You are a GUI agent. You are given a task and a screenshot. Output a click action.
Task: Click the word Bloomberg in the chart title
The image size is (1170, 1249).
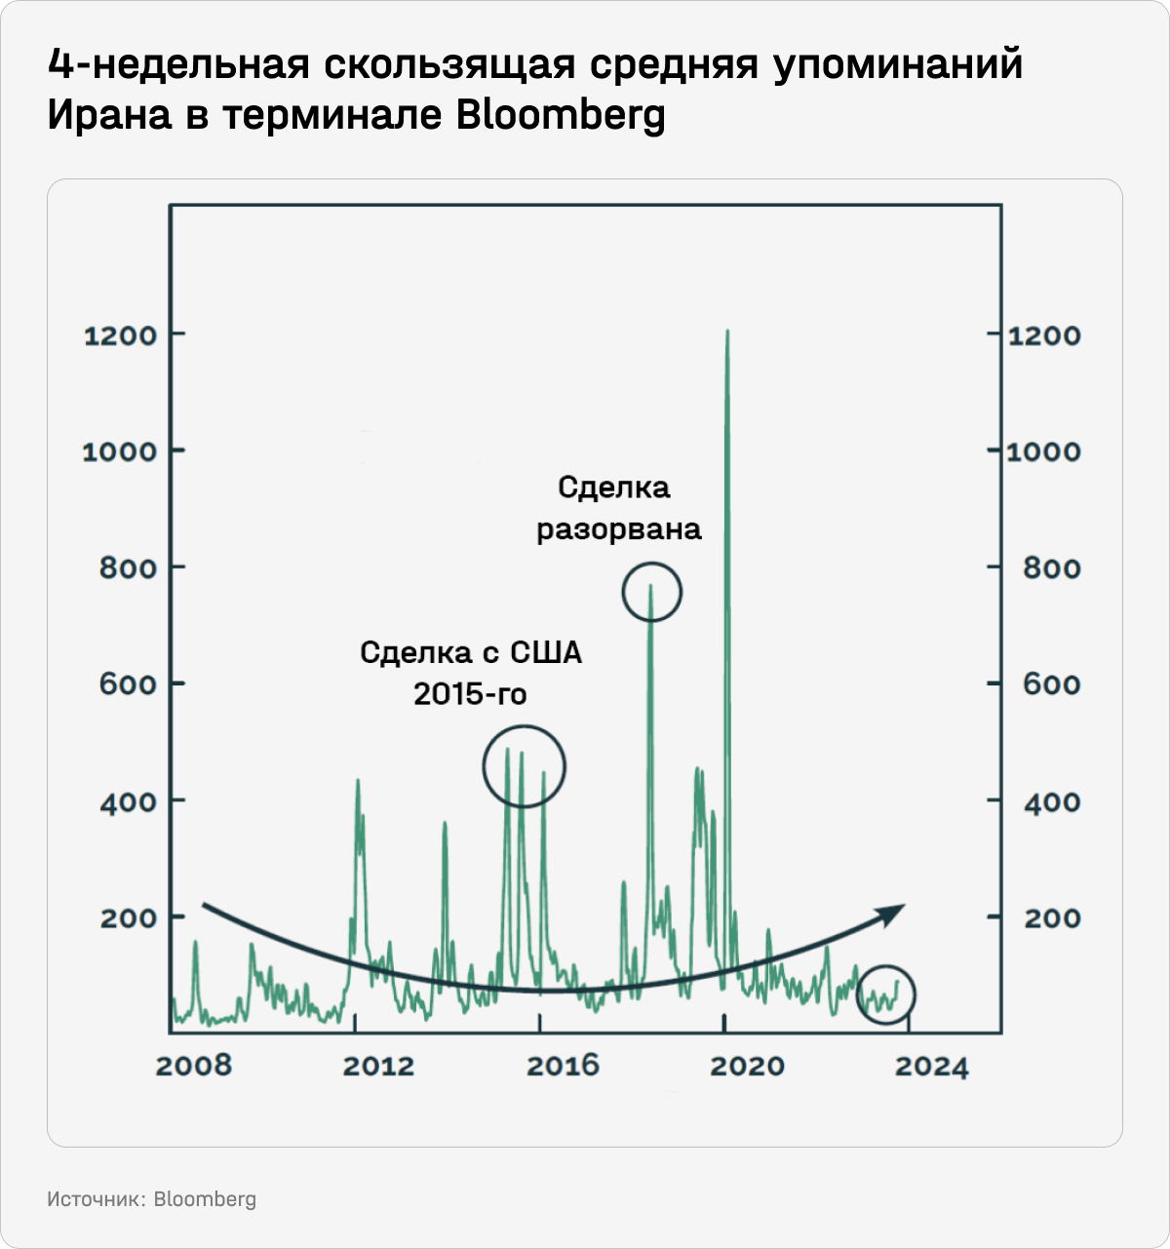pyautogui.click(x=561, y=116)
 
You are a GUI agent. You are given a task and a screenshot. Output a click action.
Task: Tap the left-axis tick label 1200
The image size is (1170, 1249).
pyautogui.click(x=120, y=336)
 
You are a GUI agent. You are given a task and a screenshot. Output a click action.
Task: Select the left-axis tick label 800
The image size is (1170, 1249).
pyautogui.click(x=128, y=568)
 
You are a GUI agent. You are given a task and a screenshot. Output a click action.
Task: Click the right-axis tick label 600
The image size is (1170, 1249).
pyautogui.click(x=1051, y=684)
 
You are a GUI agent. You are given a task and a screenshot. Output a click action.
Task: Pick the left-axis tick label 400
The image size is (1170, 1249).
pyautogui.click(x=128, y=801)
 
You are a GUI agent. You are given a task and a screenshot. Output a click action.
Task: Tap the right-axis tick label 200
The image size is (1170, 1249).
pyautogui.click(x=1051, y=918)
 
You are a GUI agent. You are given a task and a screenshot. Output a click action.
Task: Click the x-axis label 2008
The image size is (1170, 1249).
pyautogui.click(x=194, y=1066)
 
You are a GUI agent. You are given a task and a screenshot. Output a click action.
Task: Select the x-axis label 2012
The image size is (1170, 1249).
pyautogui.click(x=378, y=1066)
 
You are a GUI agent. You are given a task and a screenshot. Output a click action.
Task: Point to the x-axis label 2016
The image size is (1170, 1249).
pyautogui.click(x=563, y=1066)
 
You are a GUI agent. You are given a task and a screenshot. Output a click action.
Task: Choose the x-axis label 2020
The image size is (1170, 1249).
pyautogui.click(x=747, y=1066)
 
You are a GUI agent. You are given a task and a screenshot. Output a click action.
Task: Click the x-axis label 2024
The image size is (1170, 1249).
pyautogui.click(x=932, y=1067)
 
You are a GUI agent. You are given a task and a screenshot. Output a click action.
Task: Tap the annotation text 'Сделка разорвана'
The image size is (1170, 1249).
pyautogui.click(x=618, y=508)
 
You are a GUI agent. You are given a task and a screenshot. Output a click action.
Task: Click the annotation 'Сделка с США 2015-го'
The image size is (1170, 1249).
pyautogui.click(x=471, y=673)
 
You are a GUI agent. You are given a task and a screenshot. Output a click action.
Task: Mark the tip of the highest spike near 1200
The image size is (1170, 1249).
pyautogui.click(x=727, y=332)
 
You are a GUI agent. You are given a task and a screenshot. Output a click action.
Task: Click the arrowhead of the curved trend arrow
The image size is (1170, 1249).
pyautogui.click(x=894, y=912)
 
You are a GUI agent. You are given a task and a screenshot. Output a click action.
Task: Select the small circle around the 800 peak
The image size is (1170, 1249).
pyautogui.click(x=651, y=592)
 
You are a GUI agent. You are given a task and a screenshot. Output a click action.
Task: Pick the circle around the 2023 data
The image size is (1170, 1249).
pyautogui.click(x=886, y=995)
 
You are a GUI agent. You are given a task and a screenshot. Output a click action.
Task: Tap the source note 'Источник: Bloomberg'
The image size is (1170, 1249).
pyautogui.click(x=151, y=1199)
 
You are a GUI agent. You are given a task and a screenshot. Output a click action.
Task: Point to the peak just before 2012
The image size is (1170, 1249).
pyautogui.click(x=357, y=781)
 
